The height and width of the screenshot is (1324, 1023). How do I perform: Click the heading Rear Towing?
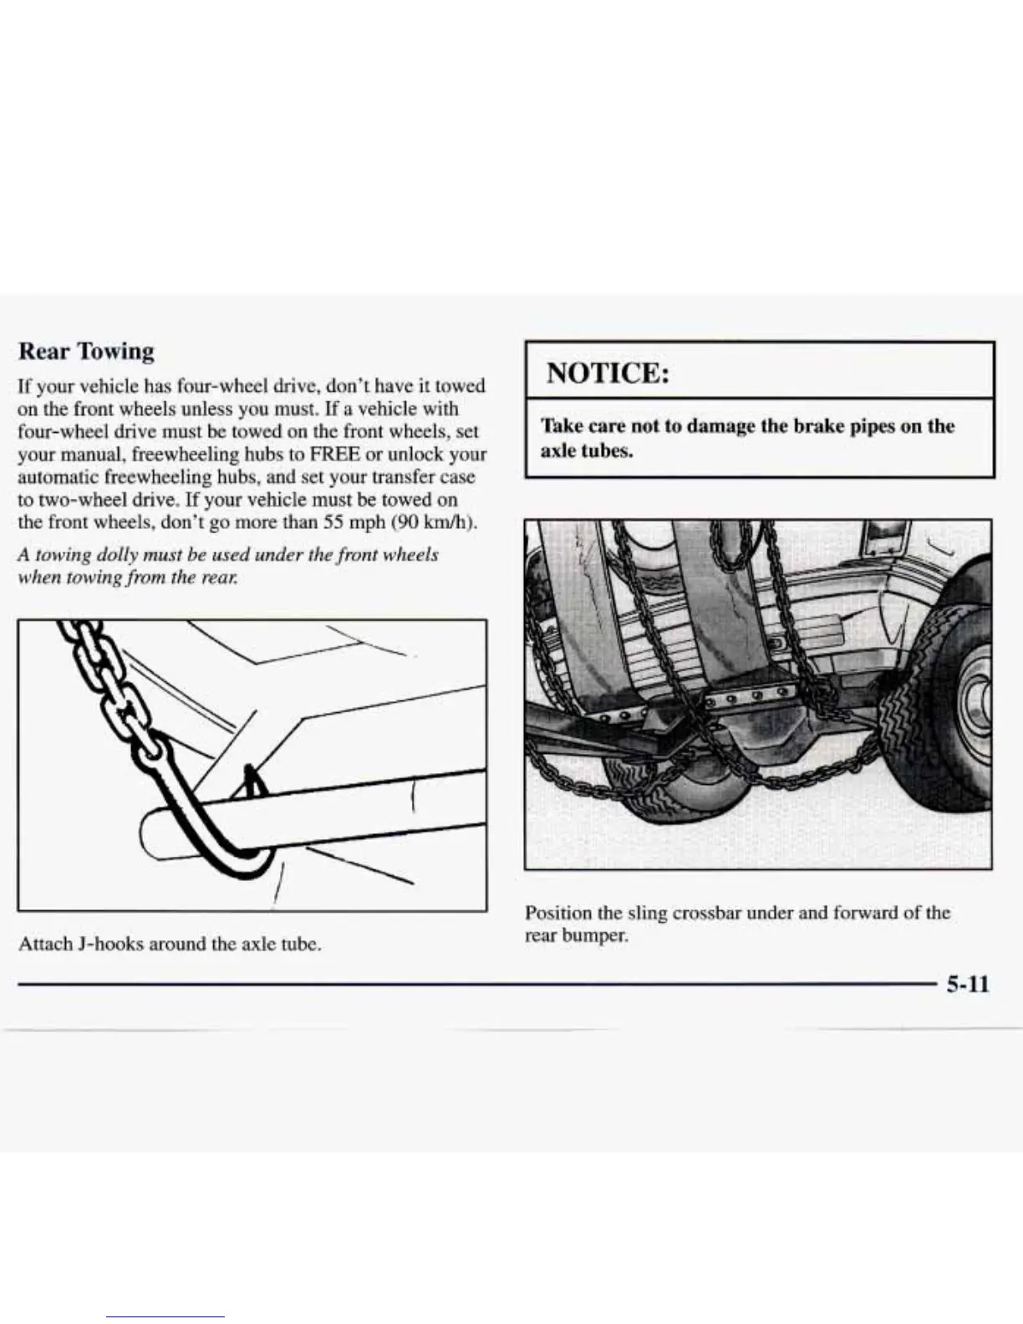click(x=86, y=351)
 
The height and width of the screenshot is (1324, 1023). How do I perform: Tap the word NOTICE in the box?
click(x=608, y=372)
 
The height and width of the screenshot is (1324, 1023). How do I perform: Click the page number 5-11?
click(x=967, y=984)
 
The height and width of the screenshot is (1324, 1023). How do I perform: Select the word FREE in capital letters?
click(x=334, y=455)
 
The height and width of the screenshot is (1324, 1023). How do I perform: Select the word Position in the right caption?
click(x=557, y=913)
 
